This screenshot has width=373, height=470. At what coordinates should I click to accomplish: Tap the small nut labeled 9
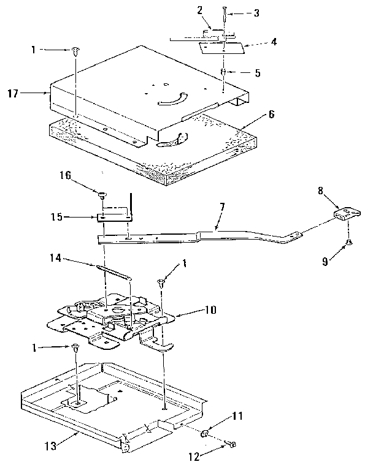349,243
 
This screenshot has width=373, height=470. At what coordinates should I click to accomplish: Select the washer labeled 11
207,434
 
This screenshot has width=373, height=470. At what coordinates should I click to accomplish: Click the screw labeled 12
231,444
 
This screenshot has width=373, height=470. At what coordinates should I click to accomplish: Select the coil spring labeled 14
114,271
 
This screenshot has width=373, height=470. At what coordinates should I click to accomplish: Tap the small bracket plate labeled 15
114,216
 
